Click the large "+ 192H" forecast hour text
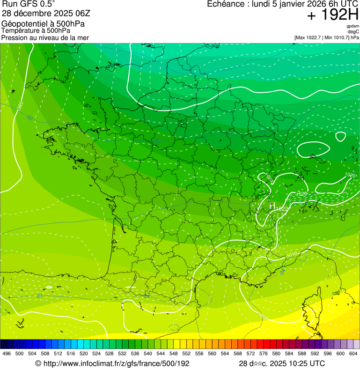point(332,15)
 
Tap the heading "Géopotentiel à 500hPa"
point(43,23)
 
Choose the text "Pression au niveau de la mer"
point(45,37)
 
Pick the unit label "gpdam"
point(353,26)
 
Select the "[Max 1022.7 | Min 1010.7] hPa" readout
point(326,37)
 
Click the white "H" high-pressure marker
point(272,206)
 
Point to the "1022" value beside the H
point(282,208)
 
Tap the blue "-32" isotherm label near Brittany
point(29,118)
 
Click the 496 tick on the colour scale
point(7,354)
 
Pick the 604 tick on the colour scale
point(353,354)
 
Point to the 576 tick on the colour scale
point(264,354)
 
